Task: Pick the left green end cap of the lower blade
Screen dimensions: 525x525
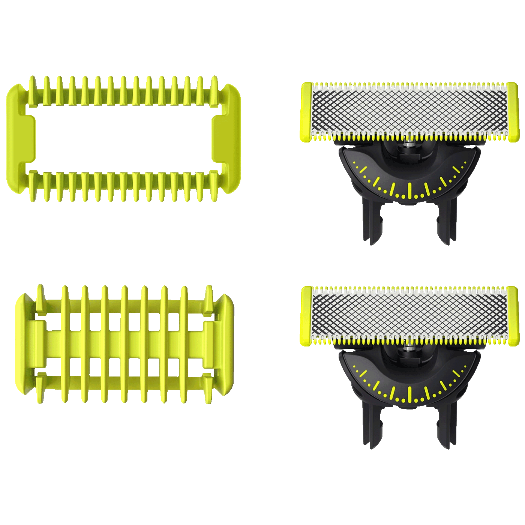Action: [306, 316]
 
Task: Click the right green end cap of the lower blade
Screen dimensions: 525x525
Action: [513, 316]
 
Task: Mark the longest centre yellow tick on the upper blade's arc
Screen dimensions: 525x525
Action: [410, 190]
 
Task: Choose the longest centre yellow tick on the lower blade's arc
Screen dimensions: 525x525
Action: [410, 393]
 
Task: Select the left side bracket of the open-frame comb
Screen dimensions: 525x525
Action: [19, 139]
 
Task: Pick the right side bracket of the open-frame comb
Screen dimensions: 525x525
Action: [227, 139]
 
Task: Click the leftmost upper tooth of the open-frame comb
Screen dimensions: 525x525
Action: [33, 90]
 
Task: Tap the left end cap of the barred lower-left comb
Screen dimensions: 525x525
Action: [23, 344]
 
